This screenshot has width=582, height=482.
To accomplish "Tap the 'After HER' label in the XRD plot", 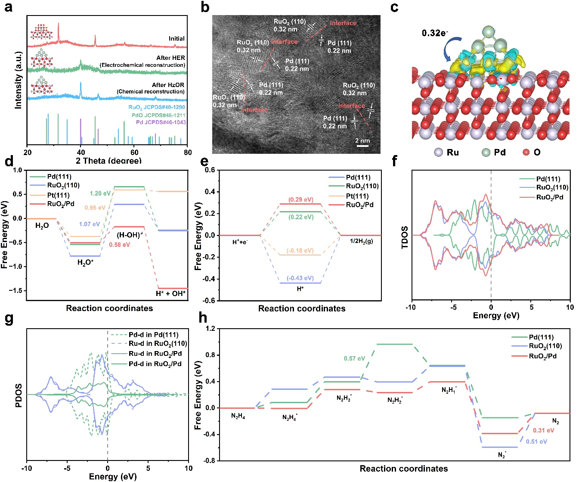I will [170, 58].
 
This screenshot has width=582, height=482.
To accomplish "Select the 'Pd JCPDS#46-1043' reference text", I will [161, 122].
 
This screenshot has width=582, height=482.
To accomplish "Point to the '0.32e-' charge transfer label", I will [435, 33].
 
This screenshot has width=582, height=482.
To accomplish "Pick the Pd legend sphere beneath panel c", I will [485, 152].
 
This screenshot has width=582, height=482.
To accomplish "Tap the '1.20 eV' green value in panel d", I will [100, 193].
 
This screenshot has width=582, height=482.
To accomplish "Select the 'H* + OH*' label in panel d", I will [170, 294].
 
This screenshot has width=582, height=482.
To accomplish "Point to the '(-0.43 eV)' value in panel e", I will [300, 278].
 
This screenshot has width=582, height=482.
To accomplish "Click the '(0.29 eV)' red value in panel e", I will [300, 200].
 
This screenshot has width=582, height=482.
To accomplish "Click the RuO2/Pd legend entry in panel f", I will [550, 197].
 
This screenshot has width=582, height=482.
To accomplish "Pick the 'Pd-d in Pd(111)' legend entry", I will [153, 335].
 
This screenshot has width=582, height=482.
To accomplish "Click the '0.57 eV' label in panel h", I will [354, 358].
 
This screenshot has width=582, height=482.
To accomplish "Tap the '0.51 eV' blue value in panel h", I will [536, 442].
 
